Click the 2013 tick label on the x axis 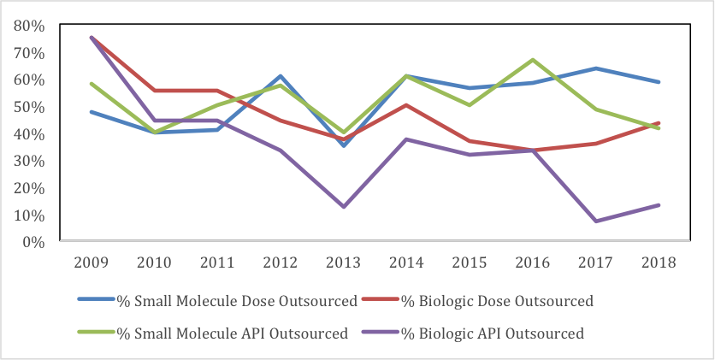tap(344, 263)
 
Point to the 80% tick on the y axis tap(31, 26)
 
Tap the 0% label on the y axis tap(34, 242)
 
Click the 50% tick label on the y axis tap(31, 107)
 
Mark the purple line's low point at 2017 tap(595, 221)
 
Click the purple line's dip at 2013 tap(344, 207)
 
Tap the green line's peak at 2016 tap(533, 60)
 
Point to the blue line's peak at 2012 tap(281, 76)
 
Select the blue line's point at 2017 tap(595, 68)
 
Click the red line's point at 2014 tap(407, 105)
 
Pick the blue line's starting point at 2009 tap(92, 112)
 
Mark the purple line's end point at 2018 tap(659, 205)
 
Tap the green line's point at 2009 tap(92, 84)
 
